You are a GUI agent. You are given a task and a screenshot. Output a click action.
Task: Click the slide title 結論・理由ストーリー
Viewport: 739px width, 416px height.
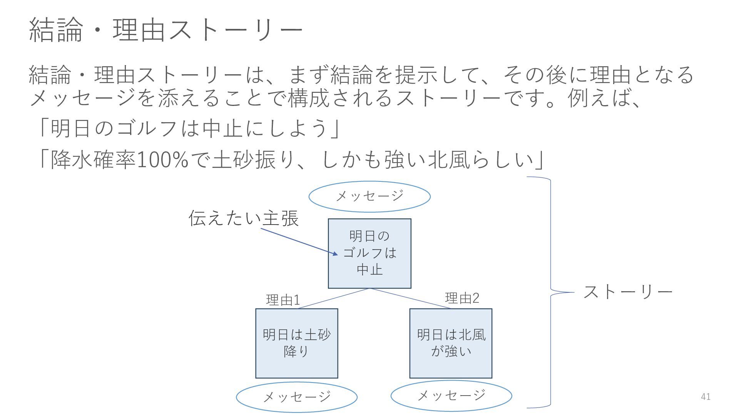(x=166, y=30)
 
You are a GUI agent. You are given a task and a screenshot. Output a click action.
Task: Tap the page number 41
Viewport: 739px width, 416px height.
(x=706, y=397)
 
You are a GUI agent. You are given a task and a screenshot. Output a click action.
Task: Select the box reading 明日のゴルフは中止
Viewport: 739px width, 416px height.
(x=369, y=253)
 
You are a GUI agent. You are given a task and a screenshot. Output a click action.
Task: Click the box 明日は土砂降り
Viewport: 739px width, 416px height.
(x=297, y=343)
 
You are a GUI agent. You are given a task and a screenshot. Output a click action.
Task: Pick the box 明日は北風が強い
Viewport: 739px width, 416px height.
(x=451, y=343)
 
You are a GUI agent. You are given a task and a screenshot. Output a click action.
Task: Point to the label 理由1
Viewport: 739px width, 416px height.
(x=283, y=300)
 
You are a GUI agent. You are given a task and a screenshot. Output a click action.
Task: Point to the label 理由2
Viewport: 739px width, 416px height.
(x=462, y=298)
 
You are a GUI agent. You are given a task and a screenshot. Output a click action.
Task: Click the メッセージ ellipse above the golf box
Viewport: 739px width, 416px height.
(x=369, y=196)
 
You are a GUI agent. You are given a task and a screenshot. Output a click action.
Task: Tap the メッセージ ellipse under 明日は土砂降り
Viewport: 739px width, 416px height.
(x=296, y=397)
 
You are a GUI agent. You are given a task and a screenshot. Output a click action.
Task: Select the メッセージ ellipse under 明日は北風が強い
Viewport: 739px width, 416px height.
(x=451, y=395)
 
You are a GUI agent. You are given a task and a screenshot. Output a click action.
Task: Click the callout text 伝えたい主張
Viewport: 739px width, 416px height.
(x=244, y=218)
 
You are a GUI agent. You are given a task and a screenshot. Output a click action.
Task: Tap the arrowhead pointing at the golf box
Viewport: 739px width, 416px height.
(x=335, y=253)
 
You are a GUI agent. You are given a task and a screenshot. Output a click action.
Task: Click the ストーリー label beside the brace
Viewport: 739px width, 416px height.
(x=628, y=292)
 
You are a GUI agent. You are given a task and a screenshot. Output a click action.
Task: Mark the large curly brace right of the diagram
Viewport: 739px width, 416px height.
(x=550, y=293)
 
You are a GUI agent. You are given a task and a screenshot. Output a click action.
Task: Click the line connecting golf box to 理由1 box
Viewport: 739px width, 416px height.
(x=333, y=299)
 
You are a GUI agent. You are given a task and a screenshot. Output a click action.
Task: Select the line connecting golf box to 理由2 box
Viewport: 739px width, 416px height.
(x=410, y=299)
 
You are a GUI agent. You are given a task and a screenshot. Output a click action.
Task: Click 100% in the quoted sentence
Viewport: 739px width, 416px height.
(x=162, y=160)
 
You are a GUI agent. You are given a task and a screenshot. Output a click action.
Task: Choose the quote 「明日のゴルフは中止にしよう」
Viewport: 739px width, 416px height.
(x=189, y=128)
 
